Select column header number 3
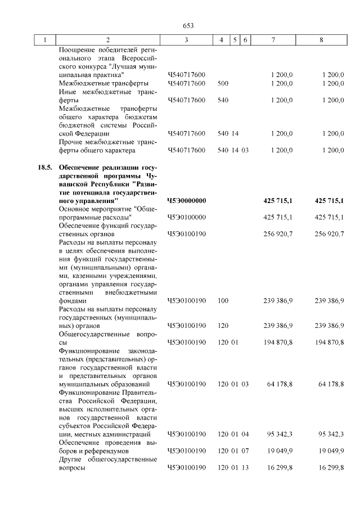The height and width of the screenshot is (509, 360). point(186,40)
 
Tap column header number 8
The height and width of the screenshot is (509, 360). point(321,40)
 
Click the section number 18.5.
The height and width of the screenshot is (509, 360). point(44,168)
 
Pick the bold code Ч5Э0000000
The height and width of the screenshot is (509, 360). point(187,201)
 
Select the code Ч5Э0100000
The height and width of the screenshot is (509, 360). point(187,217)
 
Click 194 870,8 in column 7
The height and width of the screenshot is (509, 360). point(278,342)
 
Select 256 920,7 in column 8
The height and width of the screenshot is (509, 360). point(329,233)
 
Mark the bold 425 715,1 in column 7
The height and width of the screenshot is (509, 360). point(278,201)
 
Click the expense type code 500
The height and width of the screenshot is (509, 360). point(222,83)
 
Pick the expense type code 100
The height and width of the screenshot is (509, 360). point(222,301)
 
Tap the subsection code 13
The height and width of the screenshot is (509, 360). point(245,468)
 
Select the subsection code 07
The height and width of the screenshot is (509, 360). point(245,451)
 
